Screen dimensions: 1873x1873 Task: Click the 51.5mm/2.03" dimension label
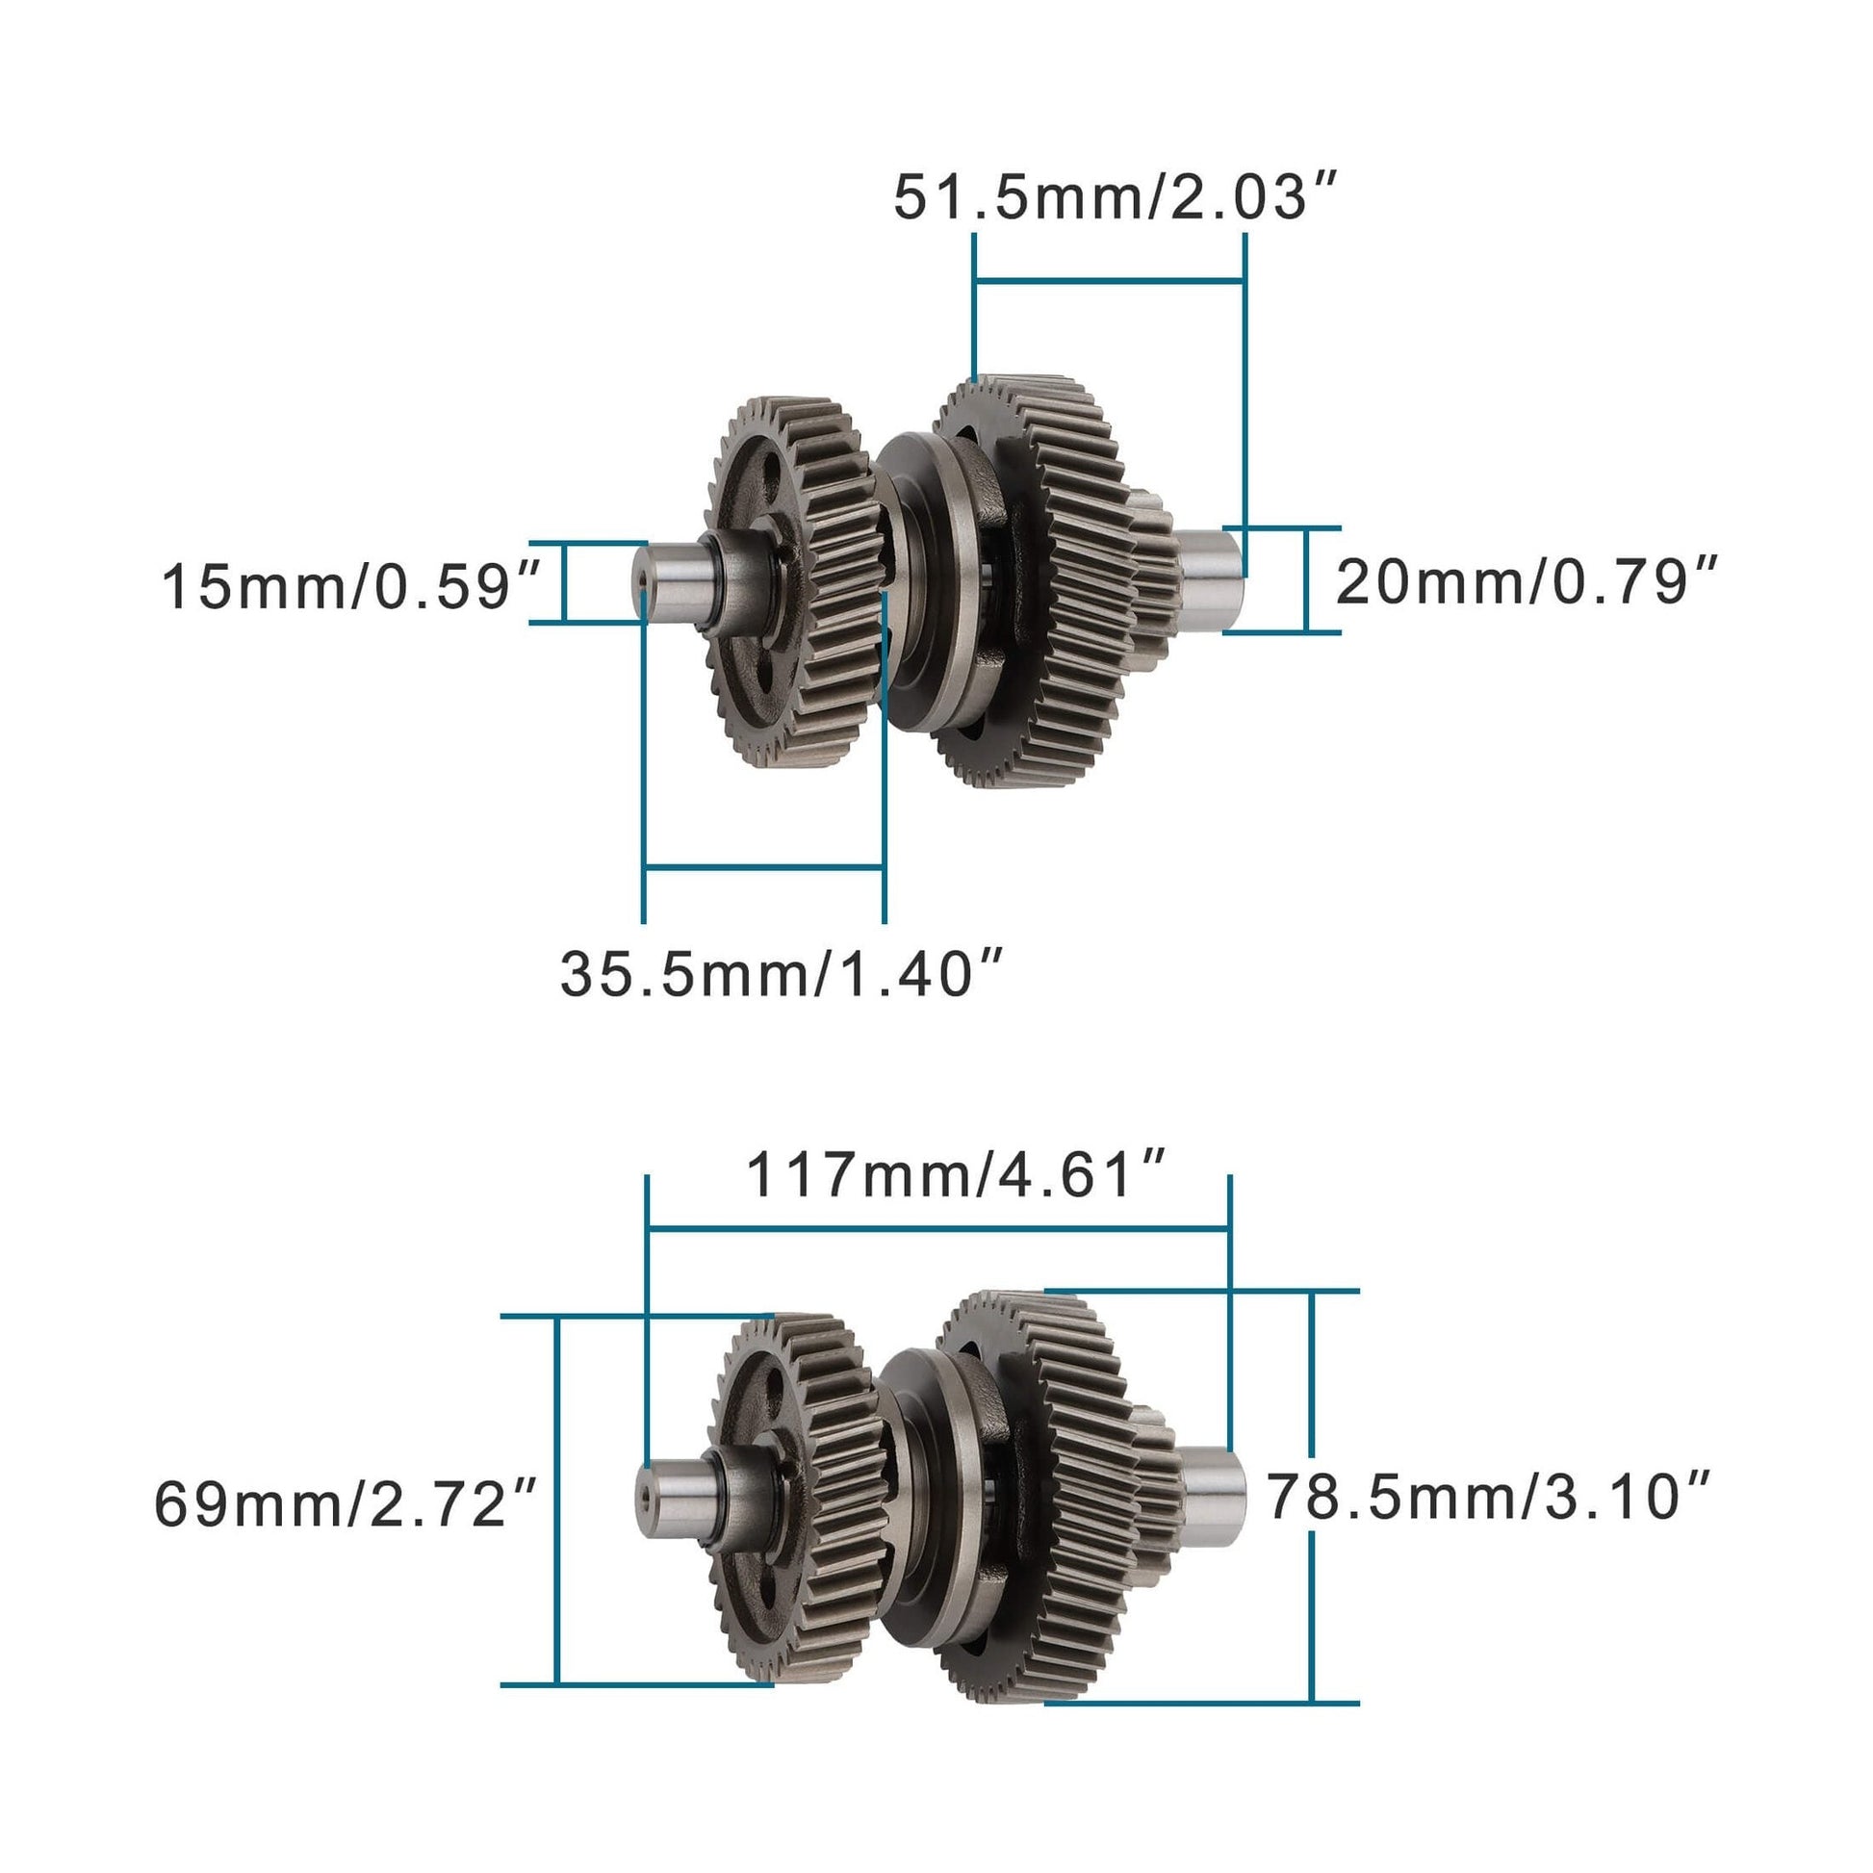point(1115,198)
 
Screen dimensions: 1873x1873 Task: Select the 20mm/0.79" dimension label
point(1527,582)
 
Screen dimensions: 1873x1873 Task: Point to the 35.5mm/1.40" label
point(782,974)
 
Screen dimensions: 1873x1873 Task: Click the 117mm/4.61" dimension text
point(954,1176)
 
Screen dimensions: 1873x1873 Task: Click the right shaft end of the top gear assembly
point(1212,578)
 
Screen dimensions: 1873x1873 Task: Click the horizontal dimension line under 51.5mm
point(1109,281)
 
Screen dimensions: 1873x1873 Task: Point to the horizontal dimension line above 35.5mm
point(763,866)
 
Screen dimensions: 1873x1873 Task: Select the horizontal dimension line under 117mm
point(937,1229)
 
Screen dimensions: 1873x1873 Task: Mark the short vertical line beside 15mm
point(563,581)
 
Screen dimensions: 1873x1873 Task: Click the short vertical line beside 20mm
point(1308,579)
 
